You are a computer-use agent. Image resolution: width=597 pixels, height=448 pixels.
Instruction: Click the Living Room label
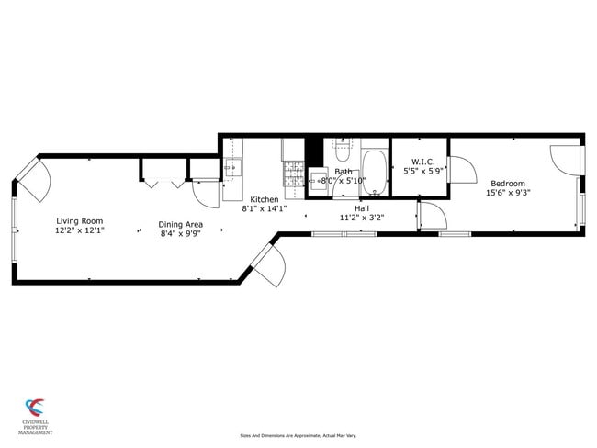pyautogui.click(x=79, y=220)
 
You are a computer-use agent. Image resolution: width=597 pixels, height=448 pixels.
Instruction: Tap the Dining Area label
pyautogui.click(x=180, y=224)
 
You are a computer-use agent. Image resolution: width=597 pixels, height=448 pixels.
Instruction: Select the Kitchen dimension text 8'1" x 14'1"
pyautogui.click(x=265, y=208)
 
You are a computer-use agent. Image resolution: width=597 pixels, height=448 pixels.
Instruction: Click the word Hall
pyautogui.click(x=361, y=208)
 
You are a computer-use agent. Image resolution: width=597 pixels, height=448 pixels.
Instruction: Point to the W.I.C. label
pyautogui.click(x=422, y=162)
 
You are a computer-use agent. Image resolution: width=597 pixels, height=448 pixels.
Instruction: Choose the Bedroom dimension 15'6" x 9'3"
pyautogui.click(x=508, y=193)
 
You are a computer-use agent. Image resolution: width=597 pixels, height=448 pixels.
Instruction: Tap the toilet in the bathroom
pyautogui.click(x=341, y=146)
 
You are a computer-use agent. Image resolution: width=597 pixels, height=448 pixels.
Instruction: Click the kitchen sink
pyautogui.click(x=231, y=168)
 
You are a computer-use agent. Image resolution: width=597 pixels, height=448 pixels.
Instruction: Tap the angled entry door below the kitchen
pyautogui.click(x=268, y=263)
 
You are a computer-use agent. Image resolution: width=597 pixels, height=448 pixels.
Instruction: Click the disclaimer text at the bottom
pyautogui.click(x=298, y=435)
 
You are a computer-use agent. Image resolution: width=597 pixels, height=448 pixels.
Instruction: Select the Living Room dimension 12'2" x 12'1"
pyautogui.click(x=79, y=230)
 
